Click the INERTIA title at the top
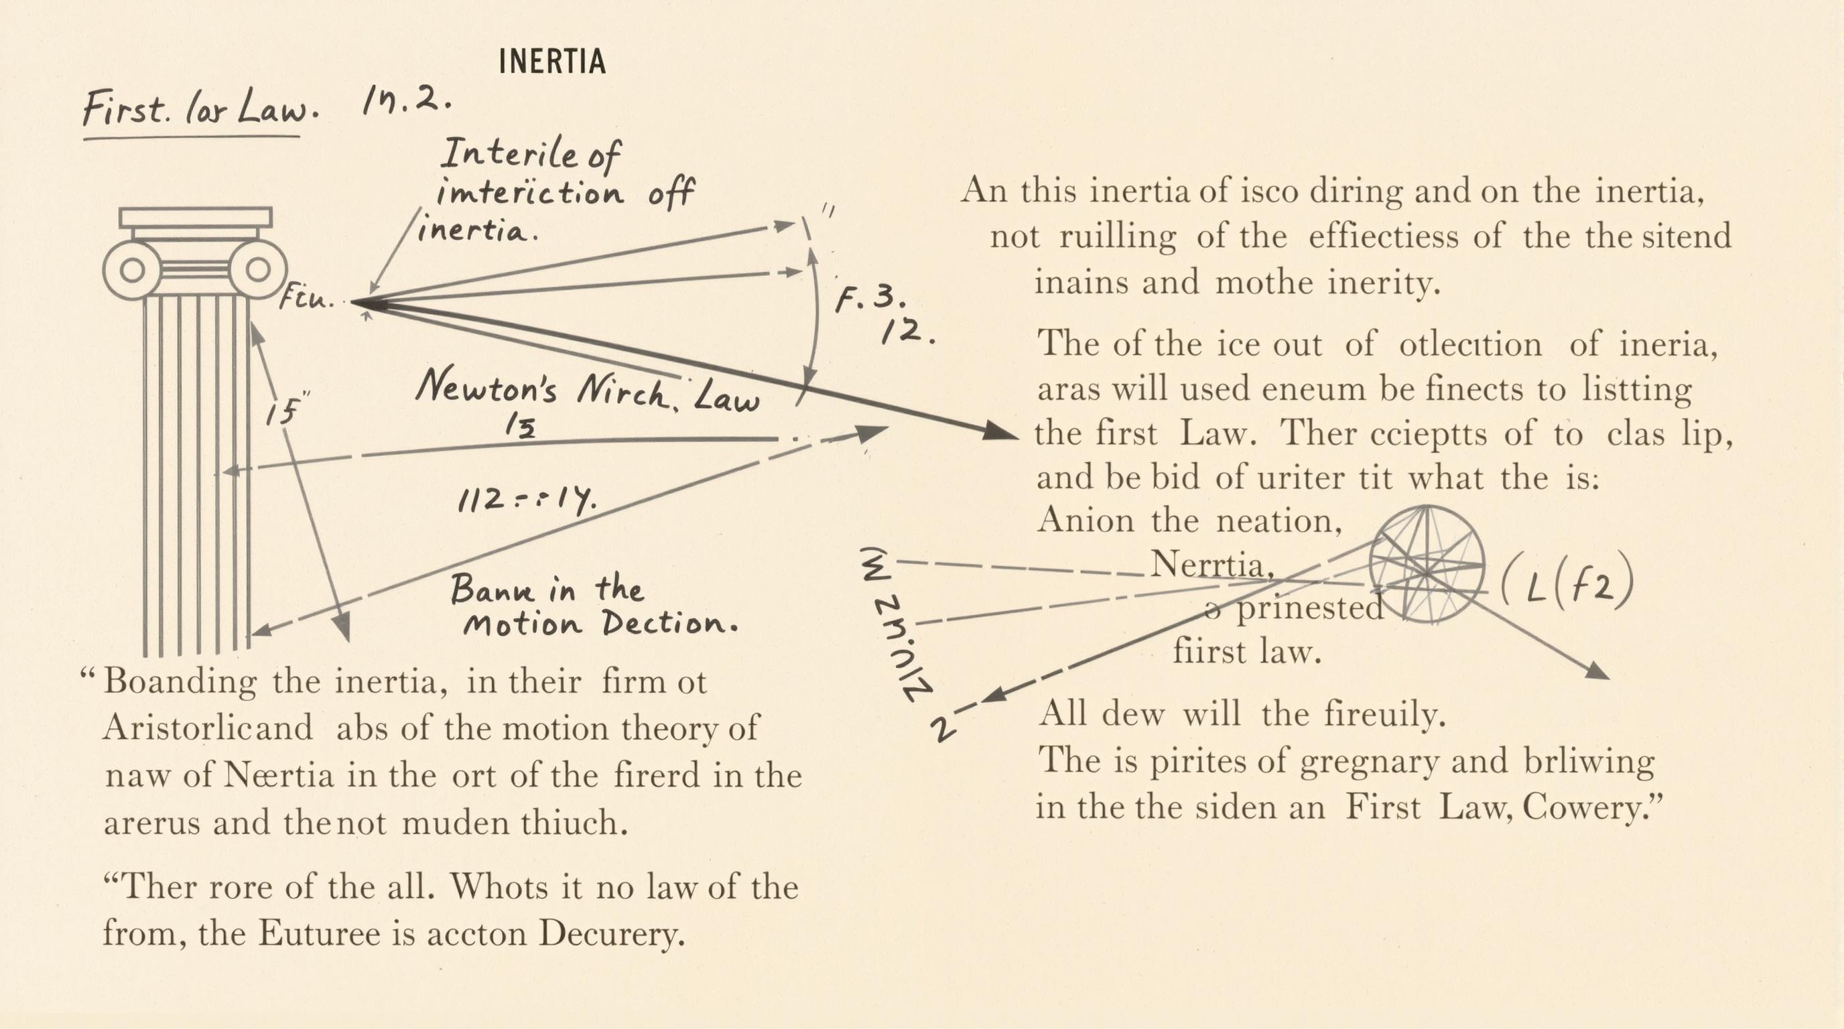[x=552, y=62]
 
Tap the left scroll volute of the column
[x=132, y=270]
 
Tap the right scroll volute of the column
[x=258, y=270]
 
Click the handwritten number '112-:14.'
[x=527, y=499]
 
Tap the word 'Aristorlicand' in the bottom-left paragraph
[x=208, y=728]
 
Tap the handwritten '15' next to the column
[x=281, y=412]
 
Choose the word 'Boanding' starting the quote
[x=180, y=681]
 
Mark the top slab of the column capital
[x=196, y=217]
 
